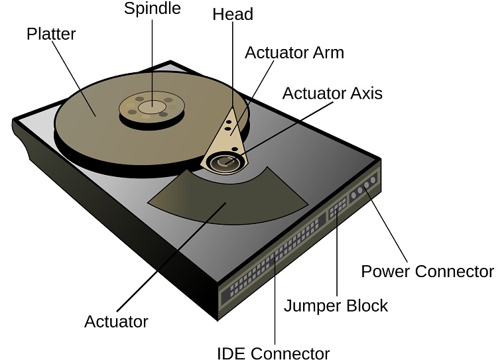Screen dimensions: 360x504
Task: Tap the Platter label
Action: tap(50, 33)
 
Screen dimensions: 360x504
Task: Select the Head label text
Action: tap(233, 14)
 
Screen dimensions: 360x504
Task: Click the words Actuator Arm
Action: tap(294, 53)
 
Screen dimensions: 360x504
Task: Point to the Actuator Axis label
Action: tap(332, 93)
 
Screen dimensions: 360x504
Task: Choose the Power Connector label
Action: tap(427, 271)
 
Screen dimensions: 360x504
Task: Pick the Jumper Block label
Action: tap(336, 306)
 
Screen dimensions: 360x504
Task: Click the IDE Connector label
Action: tap(273, 353)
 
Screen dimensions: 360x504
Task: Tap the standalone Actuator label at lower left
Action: tap(116, 322)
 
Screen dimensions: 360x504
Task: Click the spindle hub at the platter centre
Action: tap(153, 106)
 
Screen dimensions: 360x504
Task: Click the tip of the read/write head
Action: tap(232, 110)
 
